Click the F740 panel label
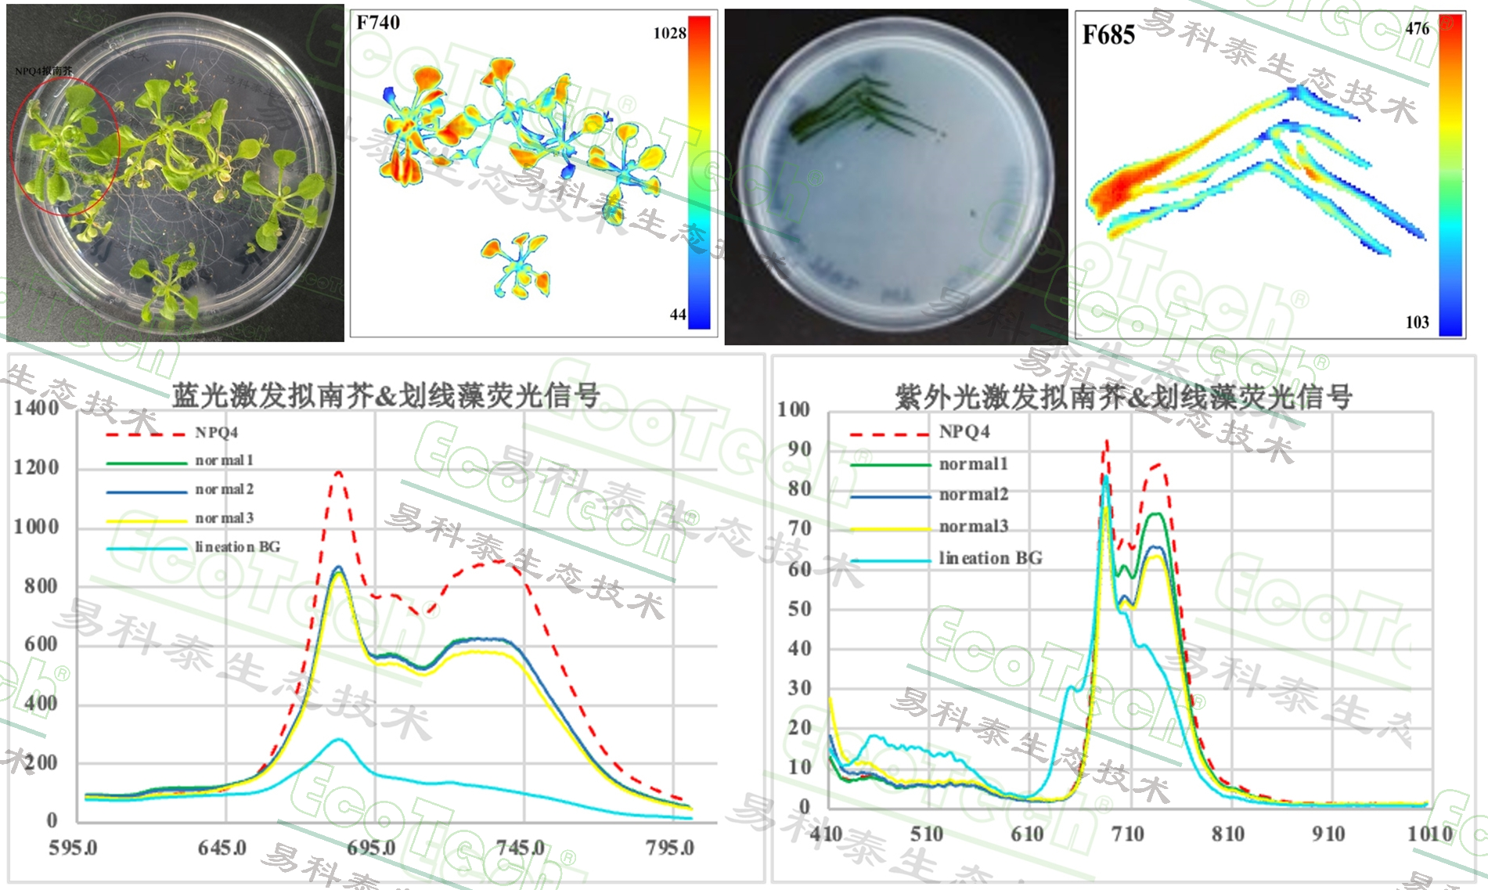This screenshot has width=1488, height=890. (x=378, y=23)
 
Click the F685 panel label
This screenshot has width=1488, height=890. (x=1108, y=35)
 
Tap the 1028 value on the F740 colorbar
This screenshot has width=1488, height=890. (x=669, y=33)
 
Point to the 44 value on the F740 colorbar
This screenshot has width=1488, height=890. (x=678, y=315)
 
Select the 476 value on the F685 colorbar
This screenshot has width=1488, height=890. (x=1417, y=29)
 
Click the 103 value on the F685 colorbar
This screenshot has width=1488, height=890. (x=1417, y=322)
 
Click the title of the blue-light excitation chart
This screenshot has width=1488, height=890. (x=386, y=396)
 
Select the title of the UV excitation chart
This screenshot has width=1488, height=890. (x=1123, y=398)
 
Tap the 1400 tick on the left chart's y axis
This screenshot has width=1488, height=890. (x=36, y=408)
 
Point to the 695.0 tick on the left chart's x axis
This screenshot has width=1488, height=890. (x=372, y=848)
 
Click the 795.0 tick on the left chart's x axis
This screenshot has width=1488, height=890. (x=670, y=848)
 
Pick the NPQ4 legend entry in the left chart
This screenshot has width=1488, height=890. (x=217, y=433)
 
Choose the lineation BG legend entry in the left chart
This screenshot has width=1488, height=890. (x=237, y=546)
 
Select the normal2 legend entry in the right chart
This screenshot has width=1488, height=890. (x=974, y=495)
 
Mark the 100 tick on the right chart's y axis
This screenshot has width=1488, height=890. (x=794, y=409)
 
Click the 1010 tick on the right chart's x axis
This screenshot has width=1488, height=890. (x=1430, y=834)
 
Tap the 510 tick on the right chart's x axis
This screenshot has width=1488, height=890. (x=927, y=834)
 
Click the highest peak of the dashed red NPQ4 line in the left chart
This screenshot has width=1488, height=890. (x=338, y=472)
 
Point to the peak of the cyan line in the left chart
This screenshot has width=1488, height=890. (x=338, y=739)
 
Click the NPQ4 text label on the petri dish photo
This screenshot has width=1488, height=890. (x=44, y=71)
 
